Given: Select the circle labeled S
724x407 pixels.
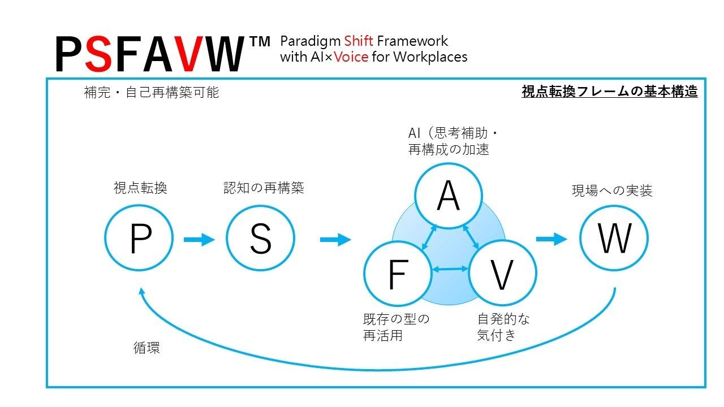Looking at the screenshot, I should point(260,239).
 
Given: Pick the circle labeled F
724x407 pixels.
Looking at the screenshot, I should point(397,274).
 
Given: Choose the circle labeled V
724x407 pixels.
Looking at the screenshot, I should point(502,274).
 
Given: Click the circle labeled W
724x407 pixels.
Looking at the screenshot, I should point(614,238).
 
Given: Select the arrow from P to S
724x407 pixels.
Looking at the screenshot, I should point(199,240).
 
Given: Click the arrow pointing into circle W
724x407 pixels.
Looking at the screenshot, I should point(551,239).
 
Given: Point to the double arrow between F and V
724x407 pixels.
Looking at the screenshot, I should point(450,270).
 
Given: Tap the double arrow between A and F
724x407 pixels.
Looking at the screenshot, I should point(428,237).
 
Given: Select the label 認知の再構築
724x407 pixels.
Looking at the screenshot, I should point(264,188).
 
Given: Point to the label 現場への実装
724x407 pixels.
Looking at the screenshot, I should point(612,191).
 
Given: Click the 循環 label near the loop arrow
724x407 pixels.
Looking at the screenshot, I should point(146,348).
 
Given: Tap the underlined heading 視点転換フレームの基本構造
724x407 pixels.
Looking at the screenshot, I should point(609,92).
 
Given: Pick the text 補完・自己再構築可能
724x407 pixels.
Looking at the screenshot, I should point(151,92).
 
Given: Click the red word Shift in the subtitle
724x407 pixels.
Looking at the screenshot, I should point(359,41).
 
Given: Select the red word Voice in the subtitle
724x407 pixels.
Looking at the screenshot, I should point(351,57).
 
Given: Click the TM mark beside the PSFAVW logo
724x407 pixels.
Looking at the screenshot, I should point(260,41).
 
